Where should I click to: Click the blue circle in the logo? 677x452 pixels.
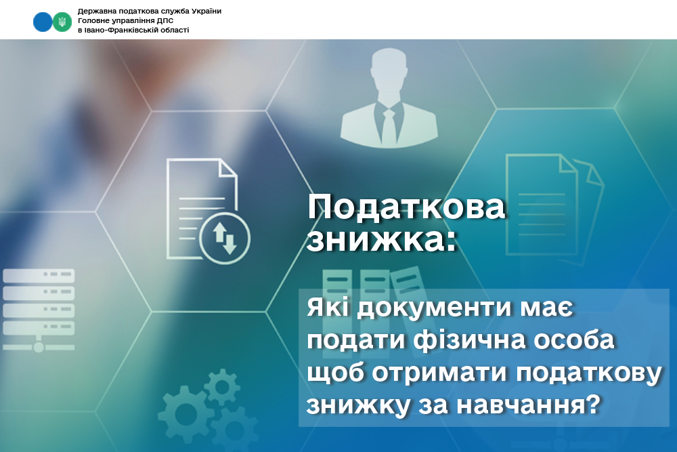(x=42, y=22)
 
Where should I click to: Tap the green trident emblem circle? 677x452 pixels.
(x=62, y=22)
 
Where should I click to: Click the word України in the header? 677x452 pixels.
(x=206, y=12)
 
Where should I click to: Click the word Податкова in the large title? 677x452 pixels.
(x=406, y=207)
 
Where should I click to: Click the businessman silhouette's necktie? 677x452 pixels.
(x=389, y=126)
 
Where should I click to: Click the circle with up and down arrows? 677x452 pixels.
(x=225, y=238)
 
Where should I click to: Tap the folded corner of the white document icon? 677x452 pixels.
(x=227, y=168)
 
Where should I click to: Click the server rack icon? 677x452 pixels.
(x=39, y=310)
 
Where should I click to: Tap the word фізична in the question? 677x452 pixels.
(x=470, y=340)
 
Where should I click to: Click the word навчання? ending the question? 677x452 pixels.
(x=528, y=405)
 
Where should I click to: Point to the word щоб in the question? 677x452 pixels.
(x=336, y=373)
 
